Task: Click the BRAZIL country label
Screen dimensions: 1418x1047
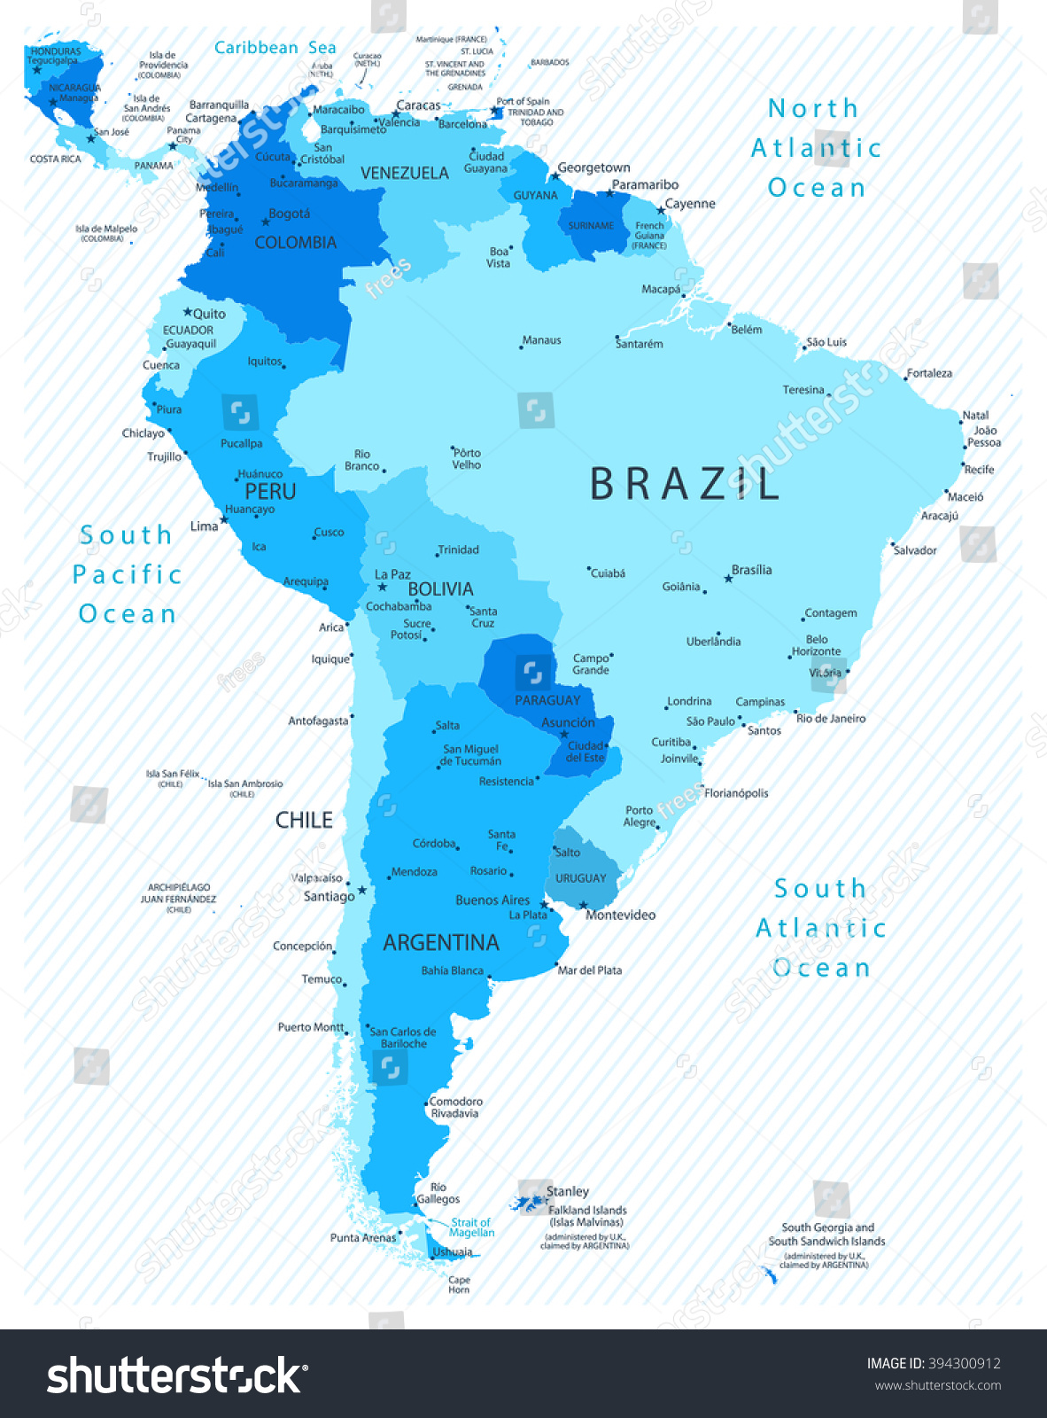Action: click(684, 484)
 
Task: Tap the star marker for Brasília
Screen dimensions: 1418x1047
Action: click(728, 579)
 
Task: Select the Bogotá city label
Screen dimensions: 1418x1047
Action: click(290, 214)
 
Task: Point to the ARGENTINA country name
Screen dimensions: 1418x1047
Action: click(441, 942)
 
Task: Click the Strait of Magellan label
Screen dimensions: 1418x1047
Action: click(471, 1227)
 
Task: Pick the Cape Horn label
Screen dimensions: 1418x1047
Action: click(459, 1284)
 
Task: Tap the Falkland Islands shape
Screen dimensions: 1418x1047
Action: click(529, 1204)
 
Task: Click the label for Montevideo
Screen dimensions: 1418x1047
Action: click(620, 915)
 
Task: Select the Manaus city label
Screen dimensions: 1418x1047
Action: click(542, 340)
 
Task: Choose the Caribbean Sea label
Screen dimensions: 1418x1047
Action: click(275, 48)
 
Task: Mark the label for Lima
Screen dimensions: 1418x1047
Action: click(204, 526)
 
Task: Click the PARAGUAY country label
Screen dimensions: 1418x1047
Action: click(547, 700)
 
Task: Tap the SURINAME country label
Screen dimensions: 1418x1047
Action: click(591, 226)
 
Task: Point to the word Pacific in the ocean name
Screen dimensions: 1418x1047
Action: click(127, 574)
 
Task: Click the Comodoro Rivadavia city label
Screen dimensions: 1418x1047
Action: click(455, 1107)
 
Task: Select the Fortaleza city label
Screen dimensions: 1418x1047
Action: click(929, 373)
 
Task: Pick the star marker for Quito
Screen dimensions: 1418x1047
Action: click(188, 313)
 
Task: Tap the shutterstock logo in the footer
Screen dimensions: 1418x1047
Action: click(177, 1375)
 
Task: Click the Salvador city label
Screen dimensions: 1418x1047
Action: click(915, 550)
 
